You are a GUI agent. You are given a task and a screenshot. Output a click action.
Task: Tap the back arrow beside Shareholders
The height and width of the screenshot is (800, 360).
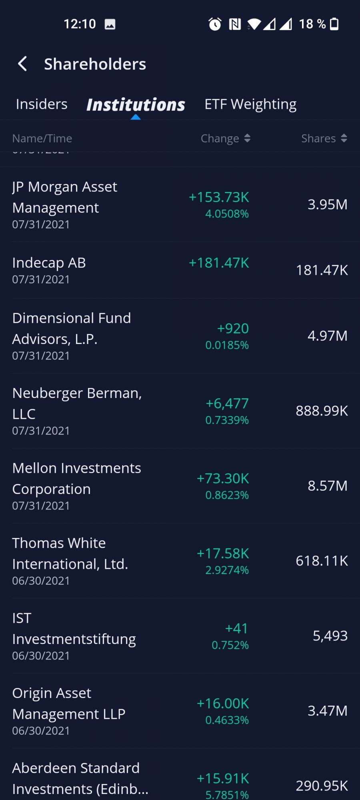pos(23,64)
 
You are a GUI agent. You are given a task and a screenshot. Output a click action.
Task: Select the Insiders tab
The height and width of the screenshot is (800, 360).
pos(42,104)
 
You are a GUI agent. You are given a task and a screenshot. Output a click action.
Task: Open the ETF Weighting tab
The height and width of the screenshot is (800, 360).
pos(250,104)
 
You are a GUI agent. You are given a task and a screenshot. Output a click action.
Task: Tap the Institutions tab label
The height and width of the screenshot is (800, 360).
pos(136,105)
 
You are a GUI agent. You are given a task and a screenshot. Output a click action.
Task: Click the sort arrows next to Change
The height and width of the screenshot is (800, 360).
pos(247,138)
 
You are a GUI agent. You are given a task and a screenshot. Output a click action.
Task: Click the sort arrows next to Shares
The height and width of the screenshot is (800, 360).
pos(344,138)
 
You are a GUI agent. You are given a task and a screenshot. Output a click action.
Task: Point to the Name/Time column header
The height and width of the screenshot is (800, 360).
pos(42,138)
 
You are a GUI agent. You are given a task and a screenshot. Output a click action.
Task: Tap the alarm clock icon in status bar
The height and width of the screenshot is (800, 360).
pos(215,24)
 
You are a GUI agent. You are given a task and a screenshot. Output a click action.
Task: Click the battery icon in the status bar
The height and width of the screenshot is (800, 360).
pos(334,24)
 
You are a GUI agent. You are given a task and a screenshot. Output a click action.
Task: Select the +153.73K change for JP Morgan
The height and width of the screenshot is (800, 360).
pos(219,197)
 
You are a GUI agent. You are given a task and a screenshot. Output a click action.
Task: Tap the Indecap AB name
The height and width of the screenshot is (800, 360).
pos(49,263)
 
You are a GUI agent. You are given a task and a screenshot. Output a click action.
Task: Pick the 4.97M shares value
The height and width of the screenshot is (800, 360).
pos(327,336)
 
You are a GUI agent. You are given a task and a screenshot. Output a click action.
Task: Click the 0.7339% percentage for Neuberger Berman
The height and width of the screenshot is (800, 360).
pos(227,420)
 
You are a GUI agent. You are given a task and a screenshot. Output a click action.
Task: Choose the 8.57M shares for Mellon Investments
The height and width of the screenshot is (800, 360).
pos(327,486)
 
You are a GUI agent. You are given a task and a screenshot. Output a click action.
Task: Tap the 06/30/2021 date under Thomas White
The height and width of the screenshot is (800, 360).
pos(41,581)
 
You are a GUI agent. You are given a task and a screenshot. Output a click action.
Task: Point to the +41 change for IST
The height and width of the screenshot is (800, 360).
pos(236,628)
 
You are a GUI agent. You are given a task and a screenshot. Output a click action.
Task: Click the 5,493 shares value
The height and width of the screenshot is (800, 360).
pos(330,636)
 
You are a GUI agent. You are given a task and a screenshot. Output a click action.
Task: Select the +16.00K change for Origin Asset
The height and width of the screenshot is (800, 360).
pos(223,704)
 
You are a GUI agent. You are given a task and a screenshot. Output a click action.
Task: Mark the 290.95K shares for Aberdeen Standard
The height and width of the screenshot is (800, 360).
pos(322,786)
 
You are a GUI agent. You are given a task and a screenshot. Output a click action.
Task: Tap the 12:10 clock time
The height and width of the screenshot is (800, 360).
pos(80,24)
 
